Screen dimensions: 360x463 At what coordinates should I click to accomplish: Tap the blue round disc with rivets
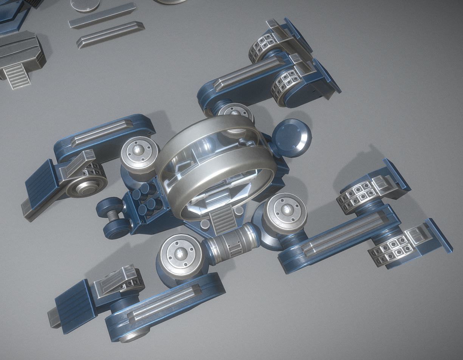click(x=292, y=137)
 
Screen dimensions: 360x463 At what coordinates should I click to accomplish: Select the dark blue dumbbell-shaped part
click(x=112, y=219)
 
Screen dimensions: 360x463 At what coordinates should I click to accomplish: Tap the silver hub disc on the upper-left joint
click(x=139, y=152)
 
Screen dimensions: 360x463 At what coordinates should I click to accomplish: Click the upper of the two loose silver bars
click(x=102, y=16)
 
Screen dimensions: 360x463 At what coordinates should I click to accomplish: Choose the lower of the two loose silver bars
click(x=110, y=35)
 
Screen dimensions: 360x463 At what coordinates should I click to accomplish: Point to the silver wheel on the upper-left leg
click(x=85, y=186)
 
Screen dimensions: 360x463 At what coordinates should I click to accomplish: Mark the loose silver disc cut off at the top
click(x=85, y=5)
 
